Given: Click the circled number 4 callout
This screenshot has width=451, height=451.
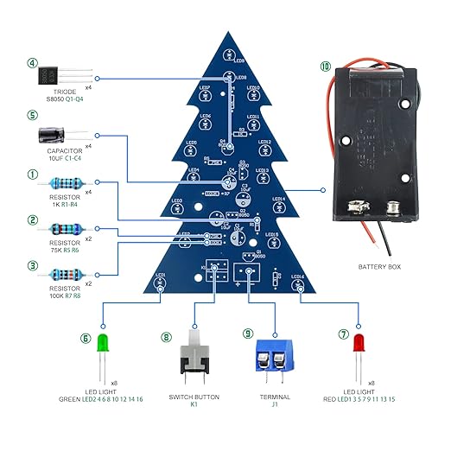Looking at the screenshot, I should tap(33, 63).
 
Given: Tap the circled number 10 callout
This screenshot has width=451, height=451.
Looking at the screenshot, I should tap(325, 67).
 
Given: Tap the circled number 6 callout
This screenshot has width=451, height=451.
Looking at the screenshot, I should tap(86, 339).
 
